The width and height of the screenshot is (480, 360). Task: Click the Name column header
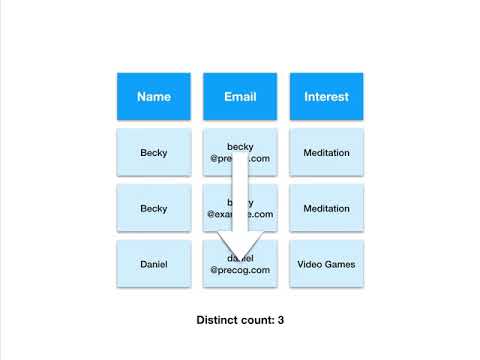coord(153,97)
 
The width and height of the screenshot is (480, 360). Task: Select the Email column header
coord(240,97)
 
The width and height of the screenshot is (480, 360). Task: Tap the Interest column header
coord(326,97)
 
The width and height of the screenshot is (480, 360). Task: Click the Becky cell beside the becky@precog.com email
coord(153,153)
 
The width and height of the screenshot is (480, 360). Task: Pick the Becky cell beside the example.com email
coord(153,208)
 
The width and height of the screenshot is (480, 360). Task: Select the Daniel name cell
coord(153,264)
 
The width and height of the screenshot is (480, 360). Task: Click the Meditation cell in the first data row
coord(326,153)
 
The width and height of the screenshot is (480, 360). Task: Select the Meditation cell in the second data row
coord(326,208)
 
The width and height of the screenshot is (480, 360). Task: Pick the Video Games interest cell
coord(326,264)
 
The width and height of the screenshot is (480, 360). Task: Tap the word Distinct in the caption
coord(220,321)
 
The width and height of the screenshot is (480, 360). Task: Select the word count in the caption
coord(258,321)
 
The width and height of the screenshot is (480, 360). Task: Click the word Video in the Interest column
coord(310,264)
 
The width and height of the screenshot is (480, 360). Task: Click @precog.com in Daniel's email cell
coord(240,270)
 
